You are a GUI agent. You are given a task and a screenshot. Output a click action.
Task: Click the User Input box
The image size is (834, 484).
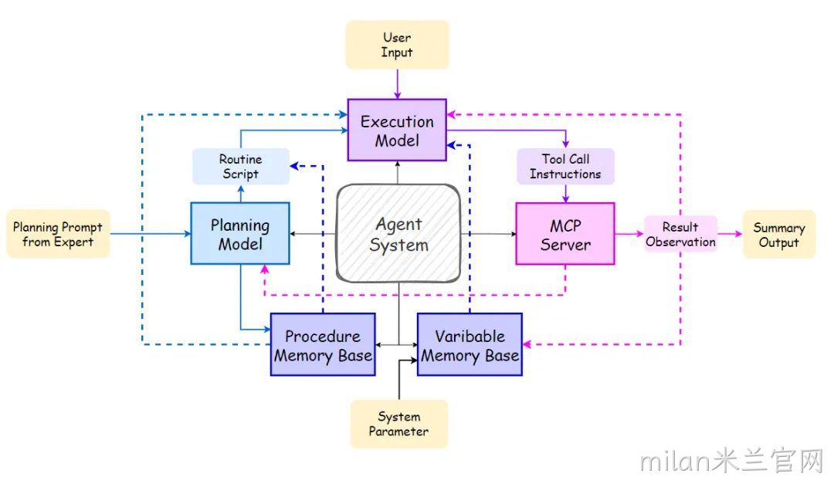[x=398, y=45]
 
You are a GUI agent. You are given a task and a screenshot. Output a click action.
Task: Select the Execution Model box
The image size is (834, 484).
[x=397, y=130]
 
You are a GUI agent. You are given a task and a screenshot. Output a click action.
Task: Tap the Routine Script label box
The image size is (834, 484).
[x=240, y=167]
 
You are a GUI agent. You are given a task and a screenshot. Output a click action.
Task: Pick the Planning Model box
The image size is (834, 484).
[x=240, y=233]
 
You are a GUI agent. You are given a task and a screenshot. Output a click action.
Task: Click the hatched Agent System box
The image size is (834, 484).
[x=398, y=233]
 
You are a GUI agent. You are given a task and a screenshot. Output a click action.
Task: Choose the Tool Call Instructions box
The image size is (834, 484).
[x=565, y=167]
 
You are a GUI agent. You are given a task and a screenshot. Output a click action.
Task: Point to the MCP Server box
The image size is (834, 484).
[x=565, y=233]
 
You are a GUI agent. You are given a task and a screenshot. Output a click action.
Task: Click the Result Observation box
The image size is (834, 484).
[x=680, y=234]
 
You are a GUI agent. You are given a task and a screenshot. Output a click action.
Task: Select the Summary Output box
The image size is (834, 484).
[x=778, y=235]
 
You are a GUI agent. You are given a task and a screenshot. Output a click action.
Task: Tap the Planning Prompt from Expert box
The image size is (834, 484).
[x=58, y=234]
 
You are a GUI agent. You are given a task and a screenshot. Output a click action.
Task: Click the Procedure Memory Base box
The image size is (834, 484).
[x=323, y=344]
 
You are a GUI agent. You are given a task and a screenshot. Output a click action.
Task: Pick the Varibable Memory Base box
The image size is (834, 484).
[x=470, y=344]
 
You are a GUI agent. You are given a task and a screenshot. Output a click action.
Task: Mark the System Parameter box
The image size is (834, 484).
[x=399, y=424]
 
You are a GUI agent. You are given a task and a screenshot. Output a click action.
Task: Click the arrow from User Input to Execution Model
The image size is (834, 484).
[x=398, y=84]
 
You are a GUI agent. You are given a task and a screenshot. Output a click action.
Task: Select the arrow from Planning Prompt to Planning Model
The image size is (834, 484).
[x=151, y=233]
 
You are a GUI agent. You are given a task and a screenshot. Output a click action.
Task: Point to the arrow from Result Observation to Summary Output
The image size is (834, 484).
[x=730, y=233]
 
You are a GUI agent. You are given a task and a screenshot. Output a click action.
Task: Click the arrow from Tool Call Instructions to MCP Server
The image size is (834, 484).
[x=565, y=194]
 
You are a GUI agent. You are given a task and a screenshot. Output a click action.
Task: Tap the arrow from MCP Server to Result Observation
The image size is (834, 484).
[x=629, y=233]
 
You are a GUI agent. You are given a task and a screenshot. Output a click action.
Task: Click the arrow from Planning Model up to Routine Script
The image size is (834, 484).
[x=241, y=194]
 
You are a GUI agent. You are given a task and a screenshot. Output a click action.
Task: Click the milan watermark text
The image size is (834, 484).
[x=732, y=460]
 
